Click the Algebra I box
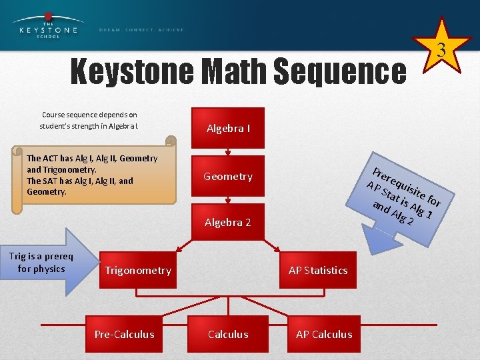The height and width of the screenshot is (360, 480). pos(228,128)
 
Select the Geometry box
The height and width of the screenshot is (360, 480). pos(228,176)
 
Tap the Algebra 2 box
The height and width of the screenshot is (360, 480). pos(228,222)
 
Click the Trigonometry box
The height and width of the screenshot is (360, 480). pos(137,270)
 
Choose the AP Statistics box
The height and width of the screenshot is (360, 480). pos(318,270)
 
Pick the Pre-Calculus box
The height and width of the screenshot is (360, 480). pos(124,334)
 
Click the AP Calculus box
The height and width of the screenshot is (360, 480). pos(324,334)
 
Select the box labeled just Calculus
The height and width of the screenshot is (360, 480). pos(228,334)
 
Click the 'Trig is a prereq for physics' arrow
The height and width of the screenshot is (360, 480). pos(47,263)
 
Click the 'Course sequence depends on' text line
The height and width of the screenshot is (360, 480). pos(89,115)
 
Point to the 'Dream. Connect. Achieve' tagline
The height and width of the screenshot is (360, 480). pos(141,30)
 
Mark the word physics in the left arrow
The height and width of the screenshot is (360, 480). pos(51,269)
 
